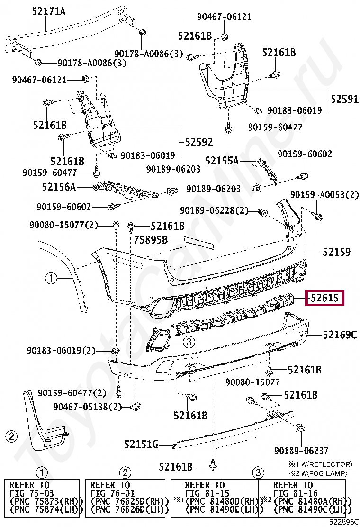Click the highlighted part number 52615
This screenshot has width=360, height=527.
pos(324,298)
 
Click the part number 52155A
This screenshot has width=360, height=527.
pos(222,161)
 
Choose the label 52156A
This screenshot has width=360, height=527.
pos(58,187)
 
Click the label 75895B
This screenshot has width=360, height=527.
pos(151,240)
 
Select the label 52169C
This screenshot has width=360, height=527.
pos(339,335)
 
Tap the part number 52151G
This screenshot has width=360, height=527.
pos(141,444)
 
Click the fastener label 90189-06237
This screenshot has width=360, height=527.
pos(301,451)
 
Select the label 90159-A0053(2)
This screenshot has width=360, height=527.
pos(324,195)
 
